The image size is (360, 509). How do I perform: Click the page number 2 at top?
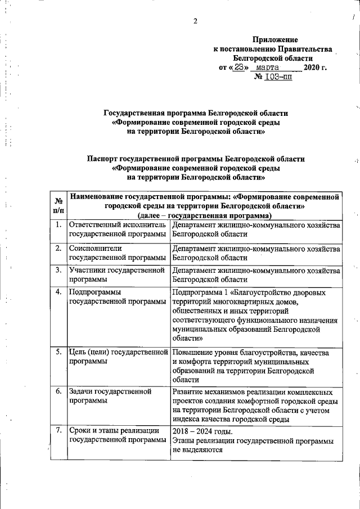[195, 22]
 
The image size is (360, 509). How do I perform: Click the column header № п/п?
[57, 205]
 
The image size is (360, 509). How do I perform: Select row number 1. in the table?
[57, 225]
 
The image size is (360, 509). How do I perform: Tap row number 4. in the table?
[57, 291]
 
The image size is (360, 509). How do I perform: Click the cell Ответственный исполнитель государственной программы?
[118, 229]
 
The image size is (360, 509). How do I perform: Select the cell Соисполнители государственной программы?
[118, 253]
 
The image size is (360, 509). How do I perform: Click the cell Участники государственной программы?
[118, 274]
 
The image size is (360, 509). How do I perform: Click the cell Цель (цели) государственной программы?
[118, 357]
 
